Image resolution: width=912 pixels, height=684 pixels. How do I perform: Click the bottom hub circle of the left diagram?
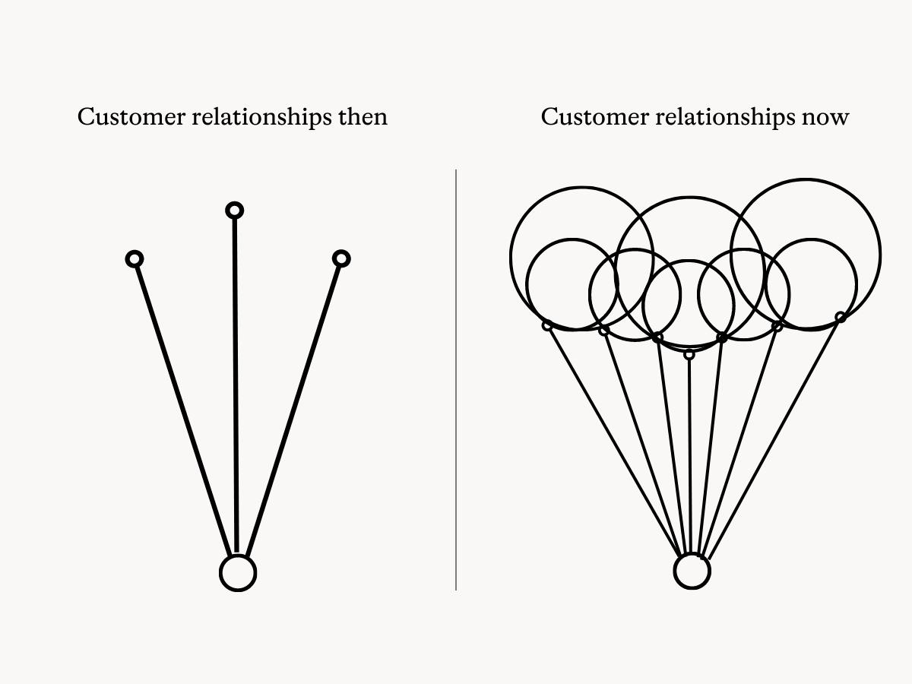(238, 572)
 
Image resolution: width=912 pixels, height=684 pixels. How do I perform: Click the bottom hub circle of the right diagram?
(692, 571)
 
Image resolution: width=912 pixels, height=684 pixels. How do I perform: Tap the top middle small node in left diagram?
(235, 210)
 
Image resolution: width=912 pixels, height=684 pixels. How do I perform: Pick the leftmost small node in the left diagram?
(135, 259)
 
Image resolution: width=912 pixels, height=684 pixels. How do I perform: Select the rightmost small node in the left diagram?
(341, 259)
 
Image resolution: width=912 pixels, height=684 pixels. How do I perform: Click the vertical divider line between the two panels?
(456, 380)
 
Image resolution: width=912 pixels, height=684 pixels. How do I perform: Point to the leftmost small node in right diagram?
(546, 325)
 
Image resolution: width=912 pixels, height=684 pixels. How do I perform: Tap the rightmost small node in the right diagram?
(840, 317)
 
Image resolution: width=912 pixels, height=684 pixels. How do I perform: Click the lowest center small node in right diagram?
(689, 354)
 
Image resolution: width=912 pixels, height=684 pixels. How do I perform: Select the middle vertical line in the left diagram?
(236, 380)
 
